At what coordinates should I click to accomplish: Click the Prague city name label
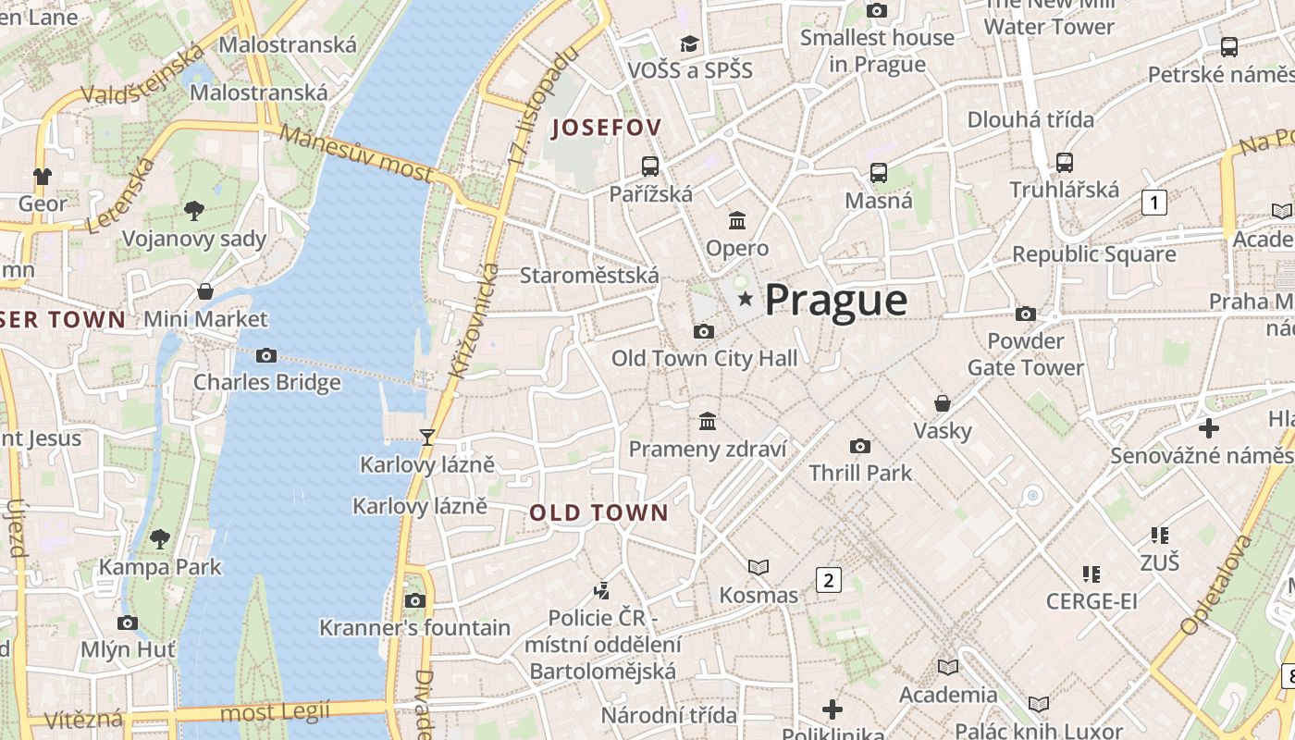(x=836, y=300)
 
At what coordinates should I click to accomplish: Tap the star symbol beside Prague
(x=745, y=299)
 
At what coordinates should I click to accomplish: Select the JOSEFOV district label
(x=607, y=128)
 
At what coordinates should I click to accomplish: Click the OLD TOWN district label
(x=598, y=512)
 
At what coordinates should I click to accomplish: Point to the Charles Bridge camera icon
(x=266, y=355)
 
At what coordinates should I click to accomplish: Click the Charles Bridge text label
(x=266, y=382)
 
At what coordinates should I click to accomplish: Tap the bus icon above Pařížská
(x=650, y=166)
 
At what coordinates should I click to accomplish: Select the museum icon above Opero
(x=737, y=220)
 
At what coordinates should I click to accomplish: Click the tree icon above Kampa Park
(x=160, y=538)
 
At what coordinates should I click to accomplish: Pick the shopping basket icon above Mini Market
(x=205, y=291)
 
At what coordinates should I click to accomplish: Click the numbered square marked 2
(x=828, y=580)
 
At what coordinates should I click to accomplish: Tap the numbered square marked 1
(x=1153, y=202)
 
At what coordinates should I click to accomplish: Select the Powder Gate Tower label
(x=1026, y=354)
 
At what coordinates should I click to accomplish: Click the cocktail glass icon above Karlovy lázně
(x=426, y=437)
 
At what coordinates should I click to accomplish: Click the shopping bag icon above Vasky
(x=943, y=403)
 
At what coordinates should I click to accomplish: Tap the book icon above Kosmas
(x=758, y=567)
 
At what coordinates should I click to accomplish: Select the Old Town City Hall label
(x=704, y=358)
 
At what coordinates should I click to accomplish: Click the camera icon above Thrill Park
(x=860, y=446)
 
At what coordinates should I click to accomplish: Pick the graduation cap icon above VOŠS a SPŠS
(x=689, y=43)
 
